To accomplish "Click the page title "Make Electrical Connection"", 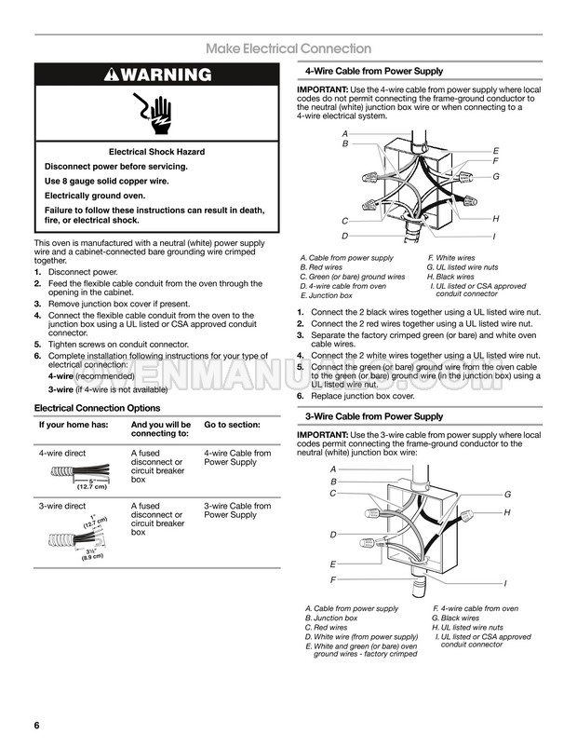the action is point(288,48).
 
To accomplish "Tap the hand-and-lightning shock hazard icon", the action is point(153,113).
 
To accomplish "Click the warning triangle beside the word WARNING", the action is point(112,75).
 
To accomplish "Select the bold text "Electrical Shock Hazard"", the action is point(156,152).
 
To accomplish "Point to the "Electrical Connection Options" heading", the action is point(97,408).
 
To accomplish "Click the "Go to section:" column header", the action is point(233,425).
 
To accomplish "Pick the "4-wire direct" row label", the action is point(62,453).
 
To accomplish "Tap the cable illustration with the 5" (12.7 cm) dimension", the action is point(80,476).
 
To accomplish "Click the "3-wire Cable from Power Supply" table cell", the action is point(237,510).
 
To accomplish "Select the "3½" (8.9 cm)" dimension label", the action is point(92,553).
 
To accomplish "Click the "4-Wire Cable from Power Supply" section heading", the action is point(374,71).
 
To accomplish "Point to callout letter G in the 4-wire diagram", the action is point(496,176).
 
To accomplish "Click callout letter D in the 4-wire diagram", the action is point(344,236).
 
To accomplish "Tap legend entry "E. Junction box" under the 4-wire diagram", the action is point(327,295).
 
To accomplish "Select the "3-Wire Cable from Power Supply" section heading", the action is point(374,416).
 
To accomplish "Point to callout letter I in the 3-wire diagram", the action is point(505,583).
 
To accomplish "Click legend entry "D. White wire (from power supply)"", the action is point(362,637).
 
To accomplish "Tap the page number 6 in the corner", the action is point(37,726).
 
